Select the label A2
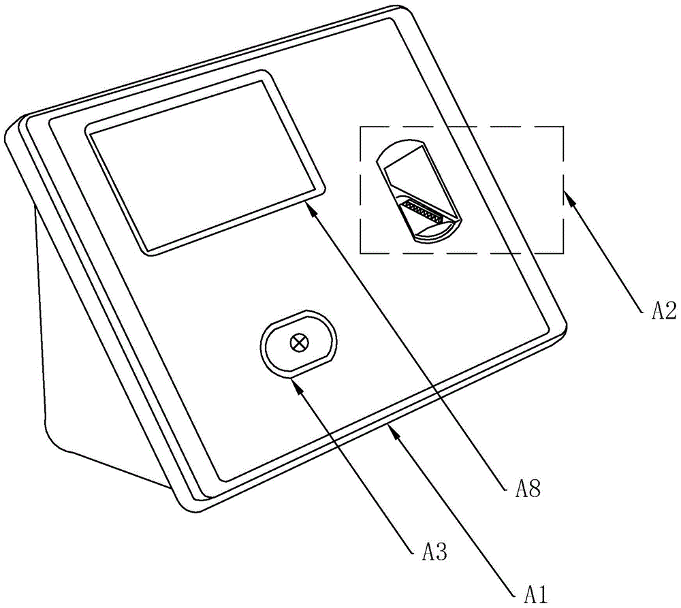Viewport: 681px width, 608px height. [664, 311]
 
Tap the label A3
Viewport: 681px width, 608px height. [434, 552]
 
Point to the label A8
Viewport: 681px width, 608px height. [528, 489]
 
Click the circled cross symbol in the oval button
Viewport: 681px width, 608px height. [299, 343]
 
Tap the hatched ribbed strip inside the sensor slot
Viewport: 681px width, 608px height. [422, 209]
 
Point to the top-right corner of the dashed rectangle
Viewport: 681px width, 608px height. [563, 127]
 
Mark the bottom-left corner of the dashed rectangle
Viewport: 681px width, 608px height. [360, 253]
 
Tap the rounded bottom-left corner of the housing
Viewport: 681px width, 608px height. [185, 504]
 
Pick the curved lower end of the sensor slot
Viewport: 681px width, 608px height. [437, 232]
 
